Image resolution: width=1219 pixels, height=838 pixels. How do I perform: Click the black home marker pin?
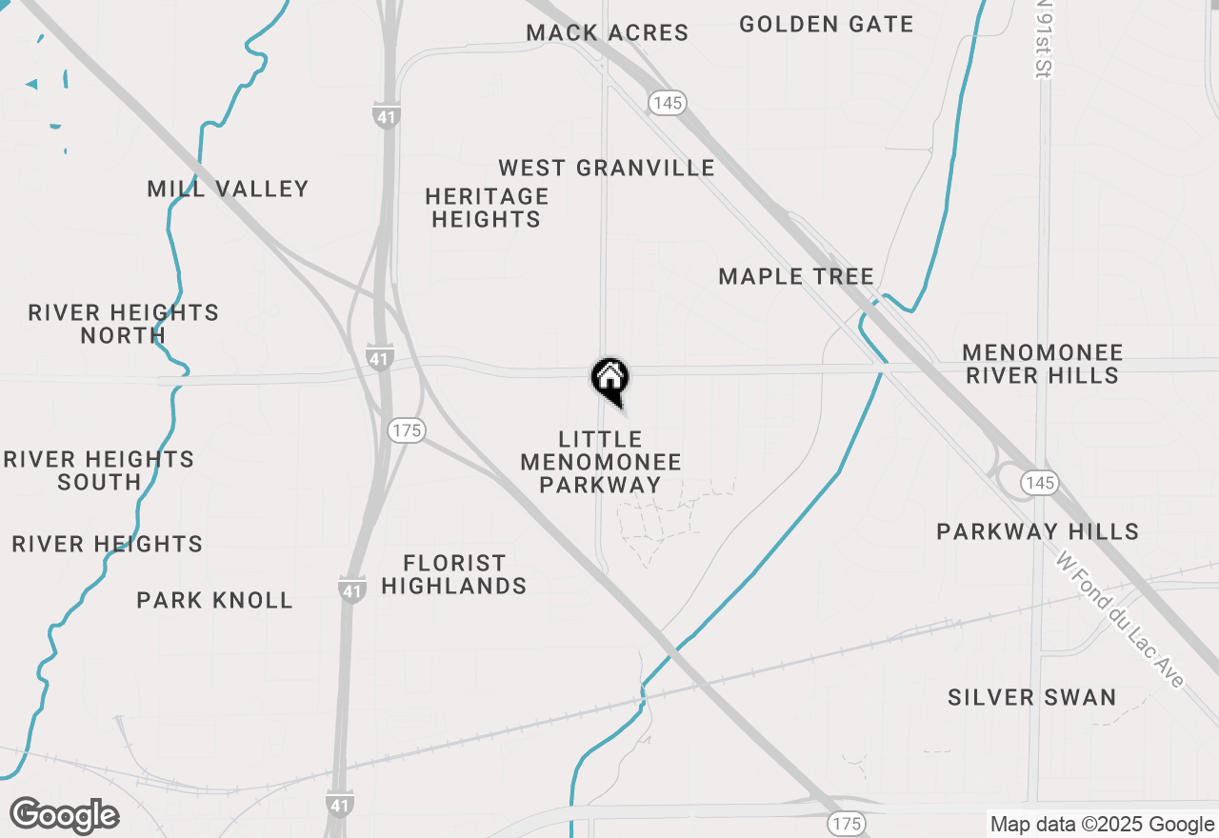tap(609, 379)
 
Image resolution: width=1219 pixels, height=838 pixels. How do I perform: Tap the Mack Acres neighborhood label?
tap(608, 32)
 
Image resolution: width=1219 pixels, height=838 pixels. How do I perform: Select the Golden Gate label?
tap(826, 25)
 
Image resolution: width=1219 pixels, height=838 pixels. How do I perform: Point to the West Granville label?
tap(607, 169)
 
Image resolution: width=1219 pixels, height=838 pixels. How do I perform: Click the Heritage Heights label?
tap(487, 208)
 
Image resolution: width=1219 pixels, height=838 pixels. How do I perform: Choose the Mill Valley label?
tap(229, 189)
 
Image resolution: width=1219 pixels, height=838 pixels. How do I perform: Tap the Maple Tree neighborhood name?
tap(796, 277)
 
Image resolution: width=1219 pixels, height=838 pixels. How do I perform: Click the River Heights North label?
tap(124, 324)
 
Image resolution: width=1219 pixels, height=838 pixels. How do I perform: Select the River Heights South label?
tap(99, 470)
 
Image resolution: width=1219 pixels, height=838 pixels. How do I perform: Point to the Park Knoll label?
tap(214, 601)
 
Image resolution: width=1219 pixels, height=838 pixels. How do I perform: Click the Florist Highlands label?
tap(454, 574)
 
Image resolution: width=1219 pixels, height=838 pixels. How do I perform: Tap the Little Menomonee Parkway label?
tap(601, 462)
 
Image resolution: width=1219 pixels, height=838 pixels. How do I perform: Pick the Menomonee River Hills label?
tap(1043, 364)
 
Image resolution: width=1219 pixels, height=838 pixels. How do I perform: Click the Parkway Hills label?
tap(1038, 531)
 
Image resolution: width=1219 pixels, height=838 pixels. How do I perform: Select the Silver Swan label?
tap(1032, 698)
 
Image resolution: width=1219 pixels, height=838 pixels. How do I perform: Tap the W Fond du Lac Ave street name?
tap(1120, 619)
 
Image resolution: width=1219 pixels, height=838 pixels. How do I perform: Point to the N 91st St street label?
tap(1045, 38)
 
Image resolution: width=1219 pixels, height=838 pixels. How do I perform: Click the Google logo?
tap(65, 815)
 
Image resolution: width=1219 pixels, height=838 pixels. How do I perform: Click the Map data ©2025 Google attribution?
tap(1102, 825)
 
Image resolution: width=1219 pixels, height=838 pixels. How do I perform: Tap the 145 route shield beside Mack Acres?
tap(669, 102)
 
